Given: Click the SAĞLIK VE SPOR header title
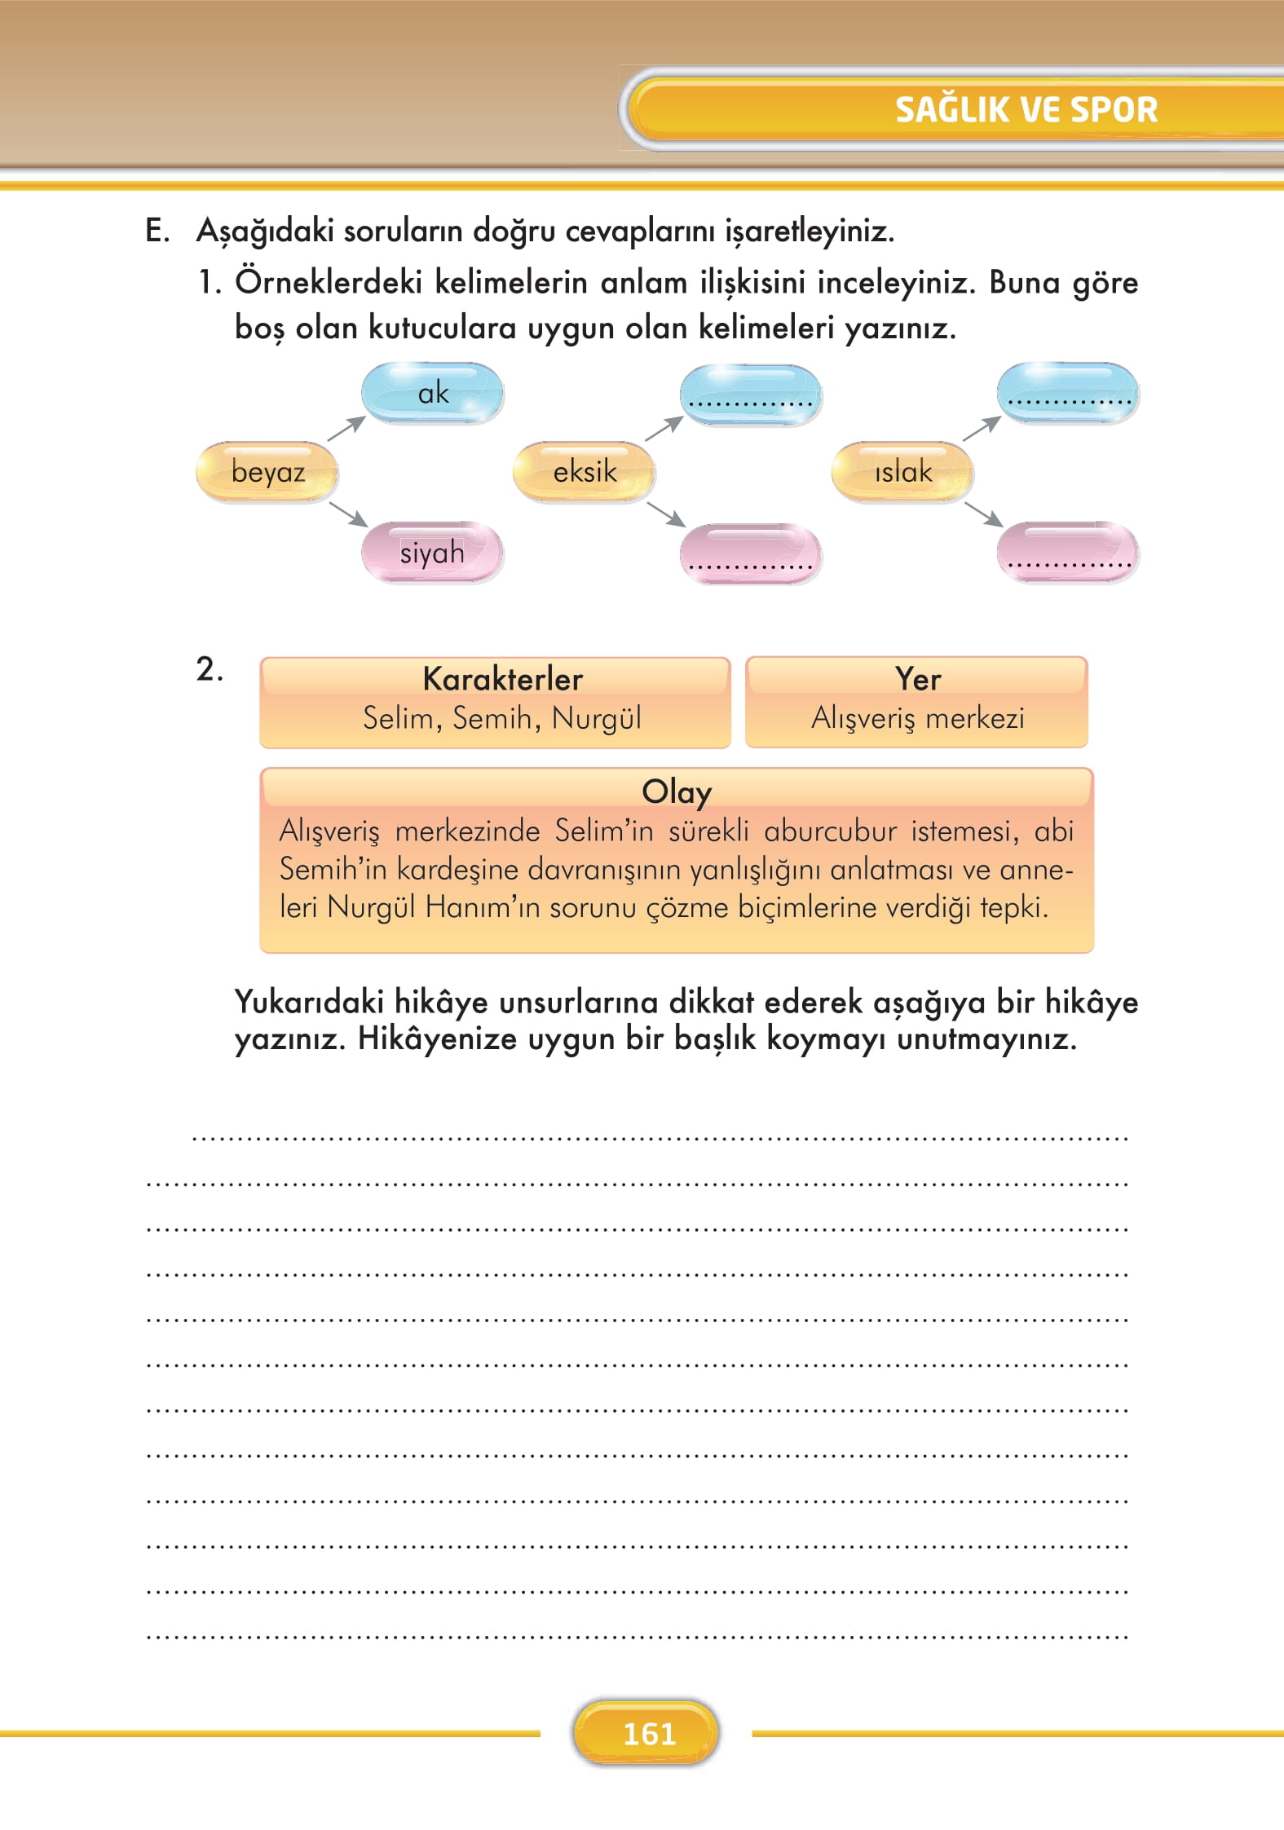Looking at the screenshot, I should (x=1026, y=109).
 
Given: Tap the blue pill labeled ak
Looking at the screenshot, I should (x=432, y=393).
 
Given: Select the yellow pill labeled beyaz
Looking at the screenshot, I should (x=267, y=472).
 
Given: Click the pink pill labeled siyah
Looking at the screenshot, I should (x=432, y=553).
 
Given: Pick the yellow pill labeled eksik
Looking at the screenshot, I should (x=584, y=472).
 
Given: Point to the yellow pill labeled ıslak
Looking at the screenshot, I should (x=902, y=472).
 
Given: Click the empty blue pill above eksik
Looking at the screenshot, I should (x=750, y=393).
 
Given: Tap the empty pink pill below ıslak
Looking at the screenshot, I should (x=1067, y=553).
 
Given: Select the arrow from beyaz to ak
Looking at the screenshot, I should (x=346, y=428).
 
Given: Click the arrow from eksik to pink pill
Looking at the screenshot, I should (x=665, y=514).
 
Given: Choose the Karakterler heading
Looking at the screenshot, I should (x=502, y=679).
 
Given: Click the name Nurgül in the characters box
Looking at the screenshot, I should (x=596, y=719).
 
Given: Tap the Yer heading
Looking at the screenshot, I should (x=917, y=679).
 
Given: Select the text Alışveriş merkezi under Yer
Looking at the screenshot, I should (x=917, y=718).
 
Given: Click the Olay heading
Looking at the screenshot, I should (x=676, y=792).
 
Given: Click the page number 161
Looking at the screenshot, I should (x=649, y=1734).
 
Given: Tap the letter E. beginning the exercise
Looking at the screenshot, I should (x=157, y=232).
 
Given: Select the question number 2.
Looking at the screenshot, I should (x=209, y=670).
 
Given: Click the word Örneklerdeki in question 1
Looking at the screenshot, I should (x=329, y=283).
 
